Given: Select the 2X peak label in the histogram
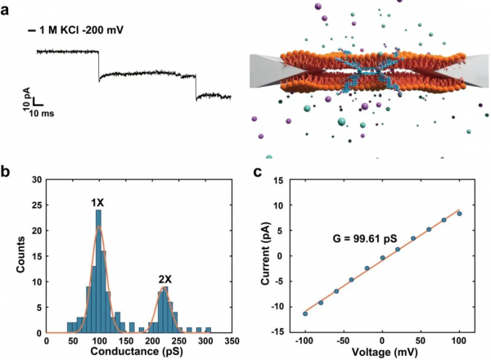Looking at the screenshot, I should (x=167, y=279).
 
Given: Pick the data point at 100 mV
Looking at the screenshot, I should (x=460, y=214).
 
